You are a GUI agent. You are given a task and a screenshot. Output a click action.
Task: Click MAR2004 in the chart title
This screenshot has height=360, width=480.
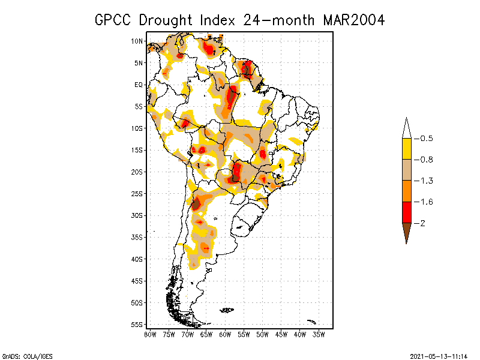click(353, 20)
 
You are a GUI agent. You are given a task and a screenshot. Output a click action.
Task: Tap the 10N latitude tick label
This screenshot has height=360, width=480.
click(137, 41)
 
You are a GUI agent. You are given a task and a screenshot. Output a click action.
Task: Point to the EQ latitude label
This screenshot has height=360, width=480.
click(138, 85)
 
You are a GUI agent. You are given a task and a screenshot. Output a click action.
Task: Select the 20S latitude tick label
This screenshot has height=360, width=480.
click(137, 172)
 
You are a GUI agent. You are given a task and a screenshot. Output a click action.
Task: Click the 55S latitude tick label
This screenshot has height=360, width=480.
click(137, 324)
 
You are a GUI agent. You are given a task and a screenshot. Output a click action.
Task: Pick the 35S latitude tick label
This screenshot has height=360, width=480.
click(137, 237)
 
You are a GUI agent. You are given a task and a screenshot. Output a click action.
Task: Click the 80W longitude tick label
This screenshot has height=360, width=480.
click(150, 334)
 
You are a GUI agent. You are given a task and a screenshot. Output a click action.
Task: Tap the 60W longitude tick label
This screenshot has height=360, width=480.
click(225, 334)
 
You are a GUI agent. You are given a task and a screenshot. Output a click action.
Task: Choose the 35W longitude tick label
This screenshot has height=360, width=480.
click(319, 334)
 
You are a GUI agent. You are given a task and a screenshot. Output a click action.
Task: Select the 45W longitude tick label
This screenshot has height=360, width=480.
click(281, 334)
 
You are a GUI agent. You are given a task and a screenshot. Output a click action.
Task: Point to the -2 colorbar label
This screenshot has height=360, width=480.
click(421, 223)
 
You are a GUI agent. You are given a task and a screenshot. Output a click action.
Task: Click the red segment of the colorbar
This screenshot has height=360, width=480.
click(406, 212)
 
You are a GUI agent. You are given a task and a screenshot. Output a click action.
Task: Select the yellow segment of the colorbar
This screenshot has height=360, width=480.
click(406, 149)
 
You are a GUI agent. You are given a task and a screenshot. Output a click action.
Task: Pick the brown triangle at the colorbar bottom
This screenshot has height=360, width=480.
click(406, 232)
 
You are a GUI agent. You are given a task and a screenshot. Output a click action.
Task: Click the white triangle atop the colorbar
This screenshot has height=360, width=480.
click(406, 129)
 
